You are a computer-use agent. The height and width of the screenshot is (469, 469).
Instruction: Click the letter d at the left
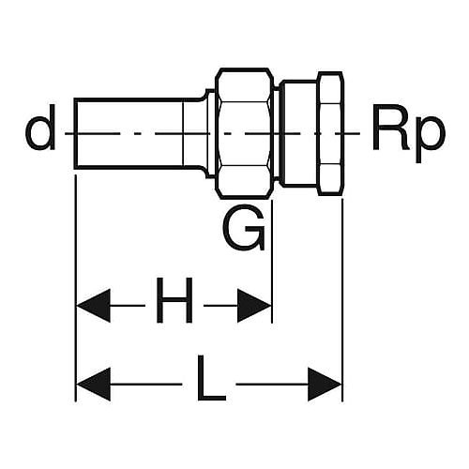40,128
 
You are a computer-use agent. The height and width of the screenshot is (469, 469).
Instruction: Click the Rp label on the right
408,133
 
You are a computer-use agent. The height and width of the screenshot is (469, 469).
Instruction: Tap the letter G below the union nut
244,227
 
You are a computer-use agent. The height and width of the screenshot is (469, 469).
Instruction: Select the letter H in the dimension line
174,300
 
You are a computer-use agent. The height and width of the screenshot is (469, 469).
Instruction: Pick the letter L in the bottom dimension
211,378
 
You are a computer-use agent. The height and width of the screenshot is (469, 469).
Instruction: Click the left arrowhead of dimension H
93,306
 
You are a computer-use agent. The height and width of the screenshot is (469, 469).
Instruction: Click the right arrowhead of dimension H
254,306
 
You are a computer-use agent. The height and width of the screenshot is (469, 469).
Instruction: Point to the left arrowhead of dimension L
93,384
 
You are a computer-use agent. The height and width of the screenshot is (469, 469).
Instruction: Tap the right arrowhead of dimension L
325,384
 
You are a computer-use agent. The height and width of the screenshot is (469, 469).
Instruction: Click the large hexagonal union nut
245,133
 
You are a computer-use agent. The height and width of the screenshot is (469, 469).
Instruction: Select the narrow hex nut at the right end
330,133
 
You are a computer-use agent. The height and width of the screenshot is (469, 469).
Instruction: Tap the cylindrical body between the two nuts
298,133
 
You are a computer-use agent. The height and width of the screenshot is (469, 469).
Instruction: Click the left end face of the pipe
75,133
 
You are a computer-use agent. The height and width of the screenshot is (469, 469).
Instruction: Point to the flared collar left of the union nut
209,133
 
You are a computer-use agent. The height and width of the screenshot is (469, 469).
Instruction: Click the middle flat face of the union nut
245,133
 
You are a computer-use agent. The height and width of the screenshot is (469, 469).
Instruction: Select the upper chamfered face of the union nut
245,85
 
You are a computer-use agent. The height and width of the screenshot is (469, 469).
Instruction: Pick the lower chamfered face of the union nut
245,182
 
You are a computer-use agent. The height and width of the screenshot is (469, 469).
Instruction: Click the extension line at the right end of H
272,261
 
